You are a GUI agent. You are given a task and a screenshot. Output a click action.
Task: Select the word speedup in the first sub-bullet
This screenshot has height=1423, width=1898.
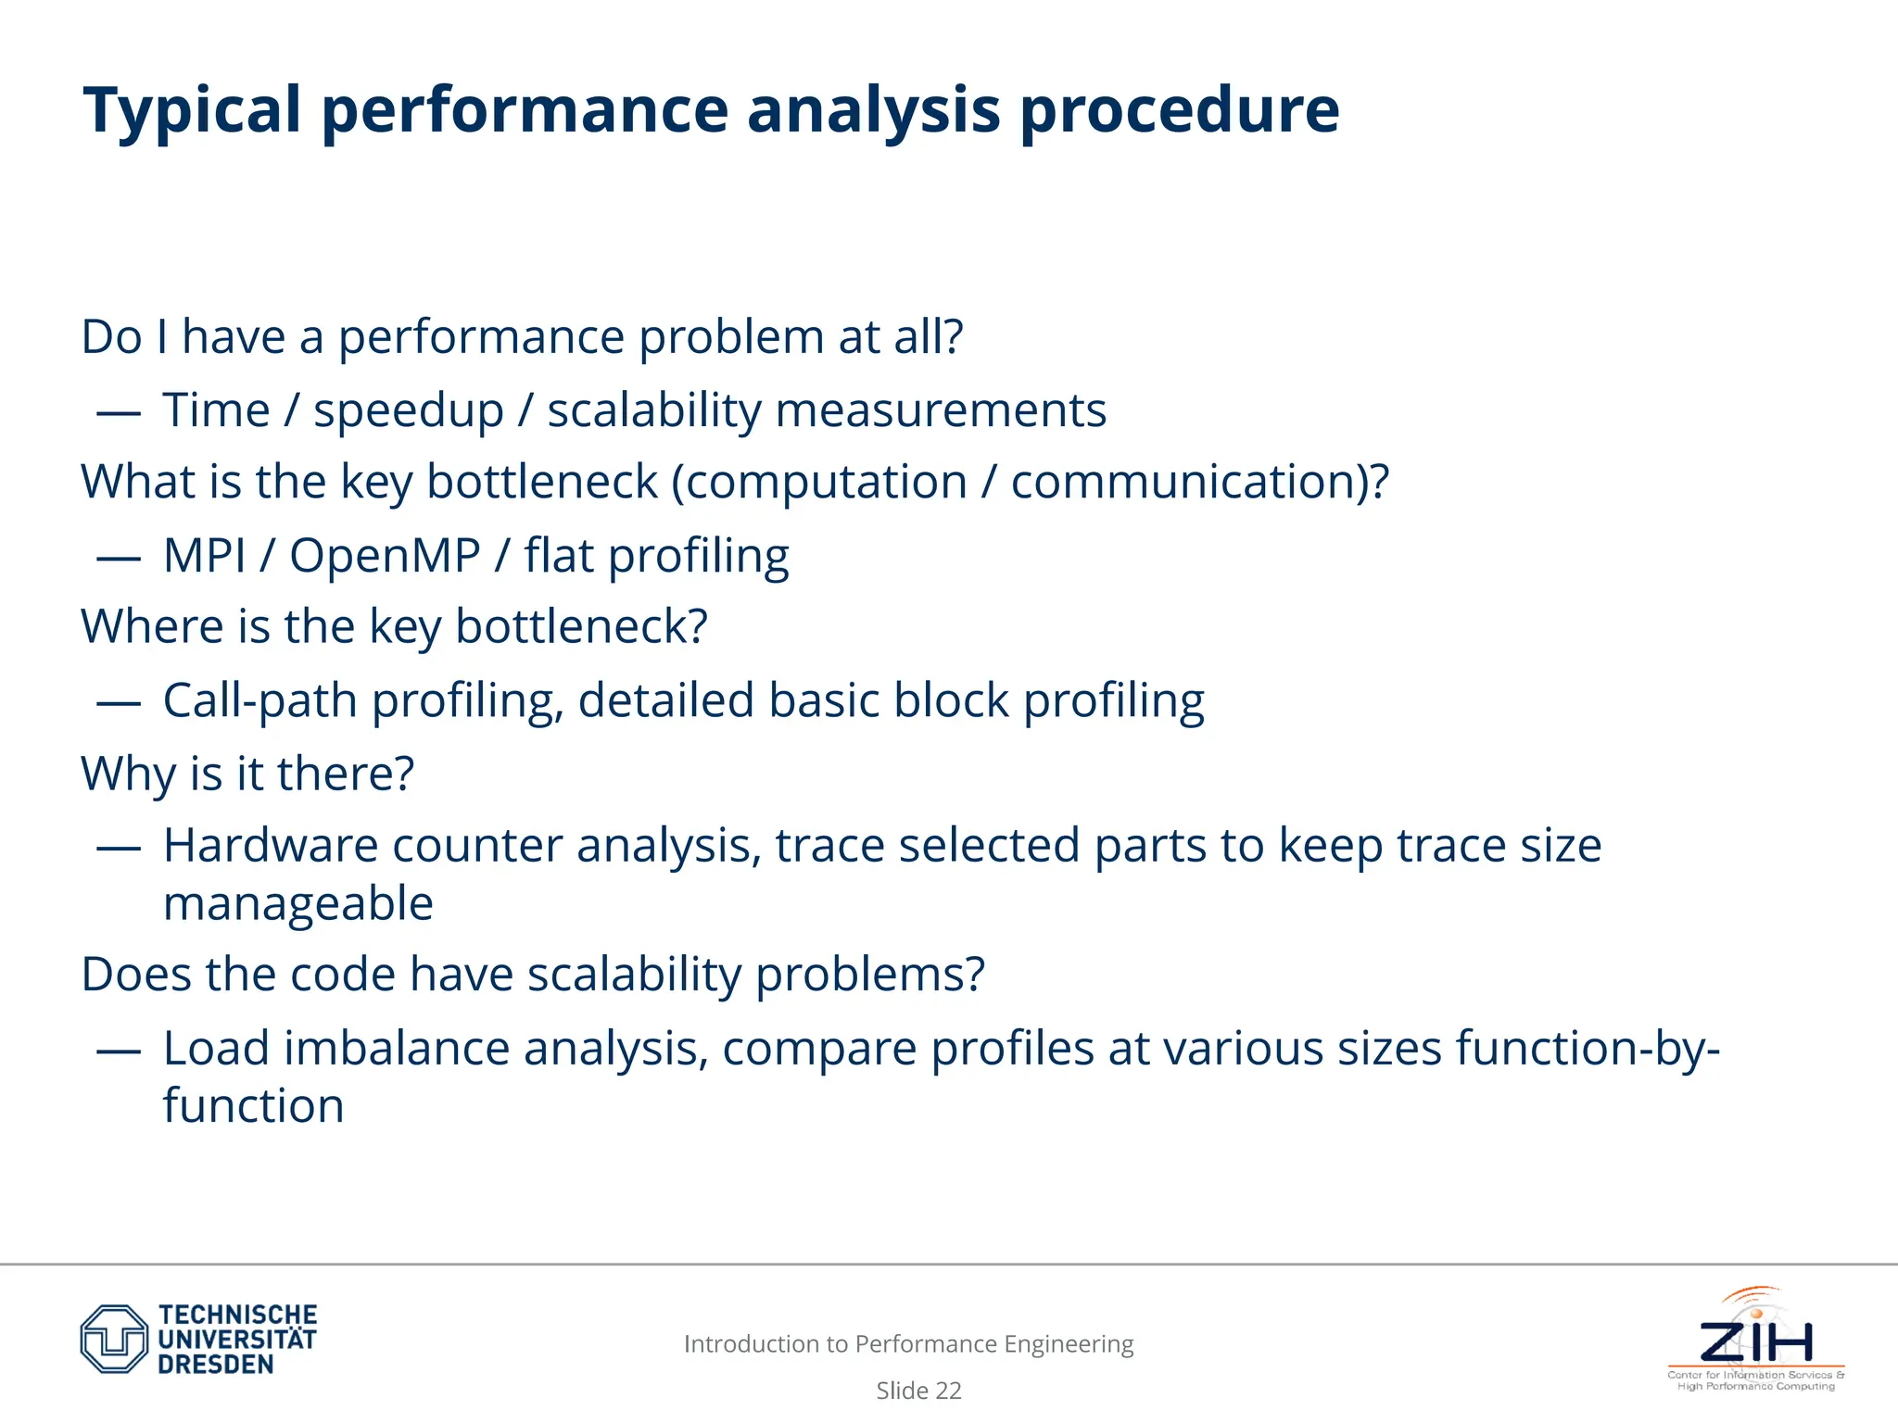tap(408, 411)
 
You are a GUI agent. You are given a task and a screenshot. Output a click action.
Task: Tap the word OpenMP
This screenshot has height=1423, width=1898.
tap(385, 556)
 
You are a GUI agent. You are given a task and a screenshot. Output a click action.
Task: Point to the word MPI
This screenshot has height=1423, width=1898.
tap(205, 556)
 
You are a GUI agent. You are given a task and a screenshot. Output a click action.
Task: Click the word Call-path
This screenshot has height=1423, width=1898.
tap(259, 701)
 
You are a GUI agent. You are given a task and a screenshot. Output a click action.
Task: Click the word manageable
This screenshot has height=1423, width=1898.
tap(297, 904)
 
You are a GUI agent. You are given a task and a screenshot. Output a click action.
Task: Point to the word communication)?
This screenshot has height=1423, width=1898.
tap(1199, 483)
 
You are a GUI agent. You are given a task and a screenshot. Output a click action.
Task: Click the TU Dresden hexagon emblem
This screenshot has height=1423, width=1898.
tap(114, 1339)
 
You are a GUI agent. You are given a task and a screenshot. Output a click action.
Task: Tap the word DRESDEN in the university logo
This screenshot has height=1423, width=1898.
tap(216, 1365)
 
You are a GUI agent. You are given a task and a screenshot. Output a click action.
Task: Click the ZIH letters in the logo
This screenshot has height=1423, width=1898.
tap(1756, 1341)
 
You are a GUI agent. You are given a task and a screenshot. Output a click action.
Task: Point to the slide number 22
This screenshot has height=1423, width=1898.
tap(948, 1391)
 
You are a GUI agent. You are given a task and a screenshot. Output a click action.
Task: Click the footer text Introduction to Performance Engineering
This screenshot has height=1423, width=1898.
tap(908, 1344)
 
